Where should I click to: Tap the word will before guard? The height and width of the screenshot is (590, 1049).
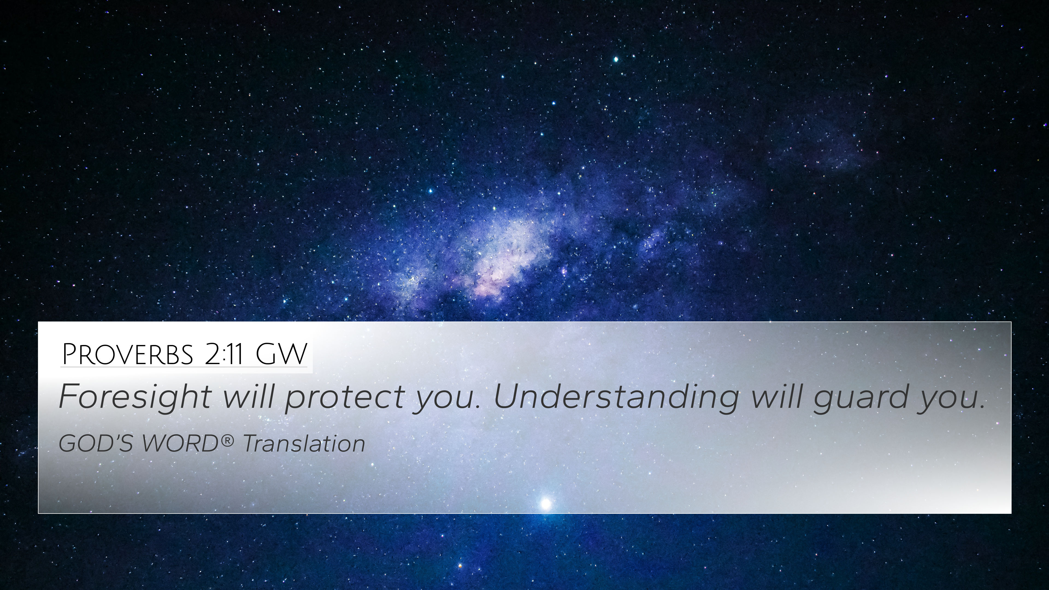click(776, 396)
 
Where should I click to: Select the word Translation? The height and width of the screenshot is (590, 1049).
click(304, 443)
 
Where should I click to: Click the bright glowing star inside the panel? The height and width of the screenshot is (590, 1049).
click(546, 504)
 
